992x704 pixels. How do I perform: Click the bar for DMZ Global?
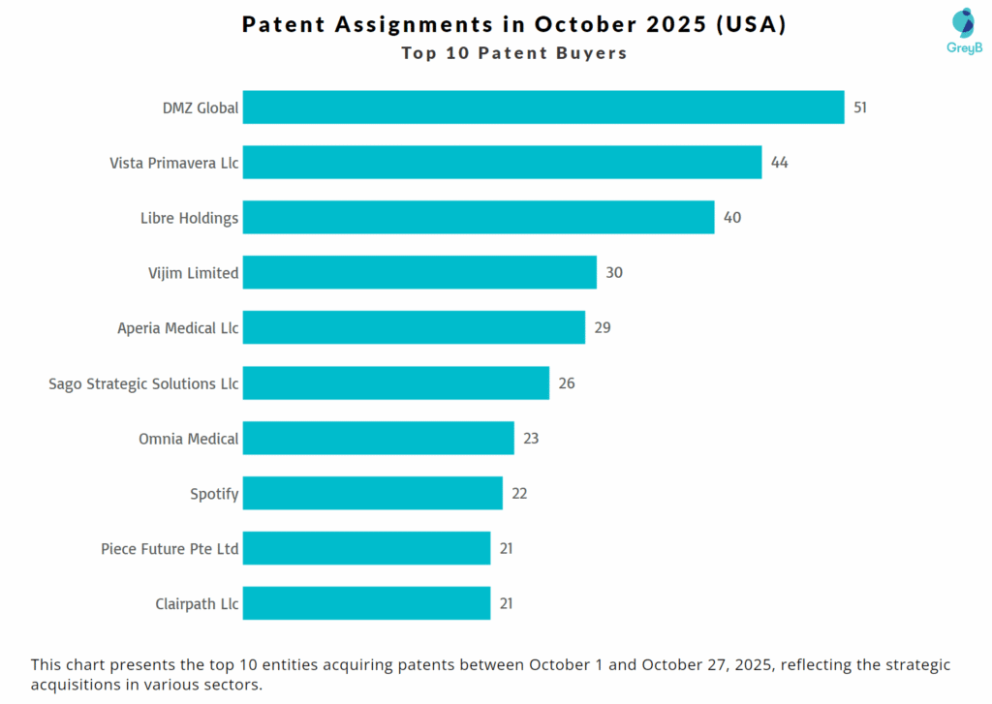542,107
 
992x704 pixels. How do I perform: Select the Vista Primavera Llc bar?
502,163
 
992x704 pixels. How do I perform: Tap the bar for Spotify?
372,494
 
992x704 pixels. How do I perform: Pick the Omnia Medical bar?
378,439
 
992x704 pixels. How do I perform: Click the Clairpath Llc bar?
366,604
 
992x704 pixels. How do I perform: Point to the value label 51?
860,107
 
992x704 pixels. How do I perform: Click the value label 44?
779,163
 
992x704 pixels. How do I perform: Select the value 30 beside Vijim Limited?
614,273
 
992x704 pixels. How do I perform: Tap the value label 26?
567,383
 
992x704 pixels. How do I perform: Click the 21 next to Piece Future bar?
506,549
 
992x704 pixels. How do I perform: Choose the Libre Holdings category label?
189,218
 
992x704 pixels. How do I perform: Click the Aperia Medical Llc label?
178,328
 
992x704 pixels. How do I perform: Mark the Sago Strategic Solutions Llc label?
143,383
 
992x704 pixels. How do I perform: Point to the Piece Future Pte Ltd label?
170,549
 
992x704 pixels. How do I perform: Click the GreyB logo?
963,31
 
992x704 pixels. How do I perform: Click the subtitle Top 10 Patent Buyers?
514,53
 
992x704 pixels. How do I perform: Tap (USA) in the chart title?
751,24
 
